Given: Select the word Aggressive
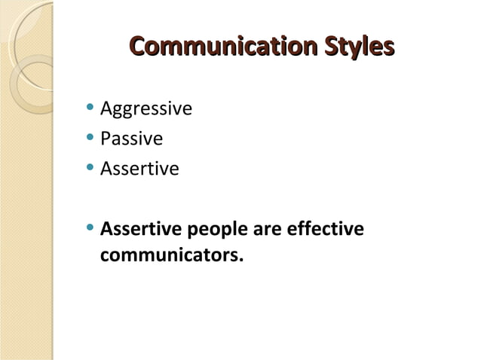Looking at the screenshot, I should (146, 110).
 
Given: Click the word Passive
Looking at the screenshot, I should (131, 139).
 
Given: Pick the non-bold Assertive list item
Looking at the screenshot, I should (139, 169).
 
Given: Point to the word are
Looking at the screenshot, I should (266, 229).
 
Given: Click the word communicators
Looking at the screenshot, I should (170, 255).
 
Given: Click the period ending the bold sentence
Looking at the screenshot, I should (242, 261).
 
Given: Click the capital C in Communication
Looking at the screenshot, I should (139, 47).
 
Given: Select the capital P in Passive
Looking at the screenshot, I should (106, 139).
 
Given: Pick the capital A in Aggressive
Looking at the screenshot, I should (106, 109).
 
